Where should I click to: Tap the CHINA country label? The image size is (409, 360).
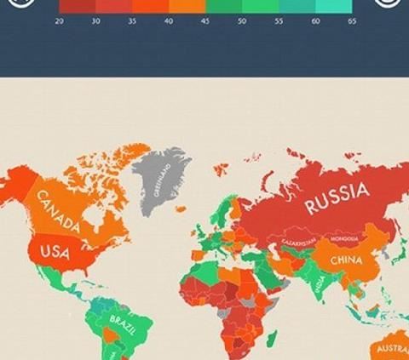pos(346,260)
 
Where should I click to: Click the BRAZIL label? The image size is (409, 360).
pos(121,320)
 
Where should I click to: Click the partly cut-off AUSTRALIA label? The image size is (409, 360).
pos(391,349)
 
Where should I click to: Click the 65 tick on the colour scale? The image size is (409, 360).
pos(352,20)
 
